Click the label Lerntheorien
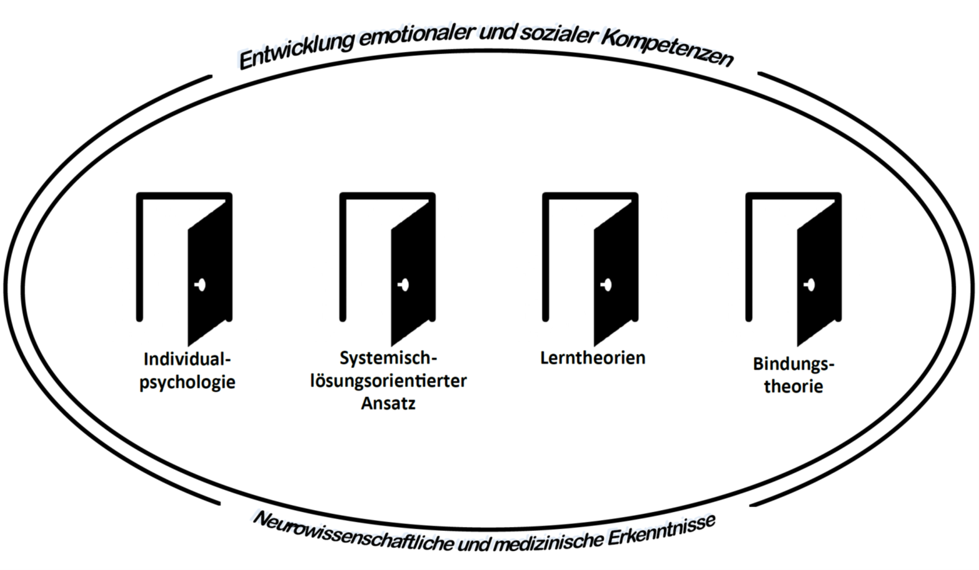593,357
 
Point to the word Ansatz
388,403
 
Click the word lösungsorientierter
388,381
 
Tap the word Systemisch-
388,358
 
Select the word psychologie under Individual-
187,383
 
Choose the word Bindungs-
793,364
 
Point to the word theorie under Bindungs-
793,387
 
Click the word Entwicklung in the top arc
296,51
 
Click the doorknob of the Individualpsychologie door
201,285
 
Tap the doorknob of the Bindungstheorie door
810,285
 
